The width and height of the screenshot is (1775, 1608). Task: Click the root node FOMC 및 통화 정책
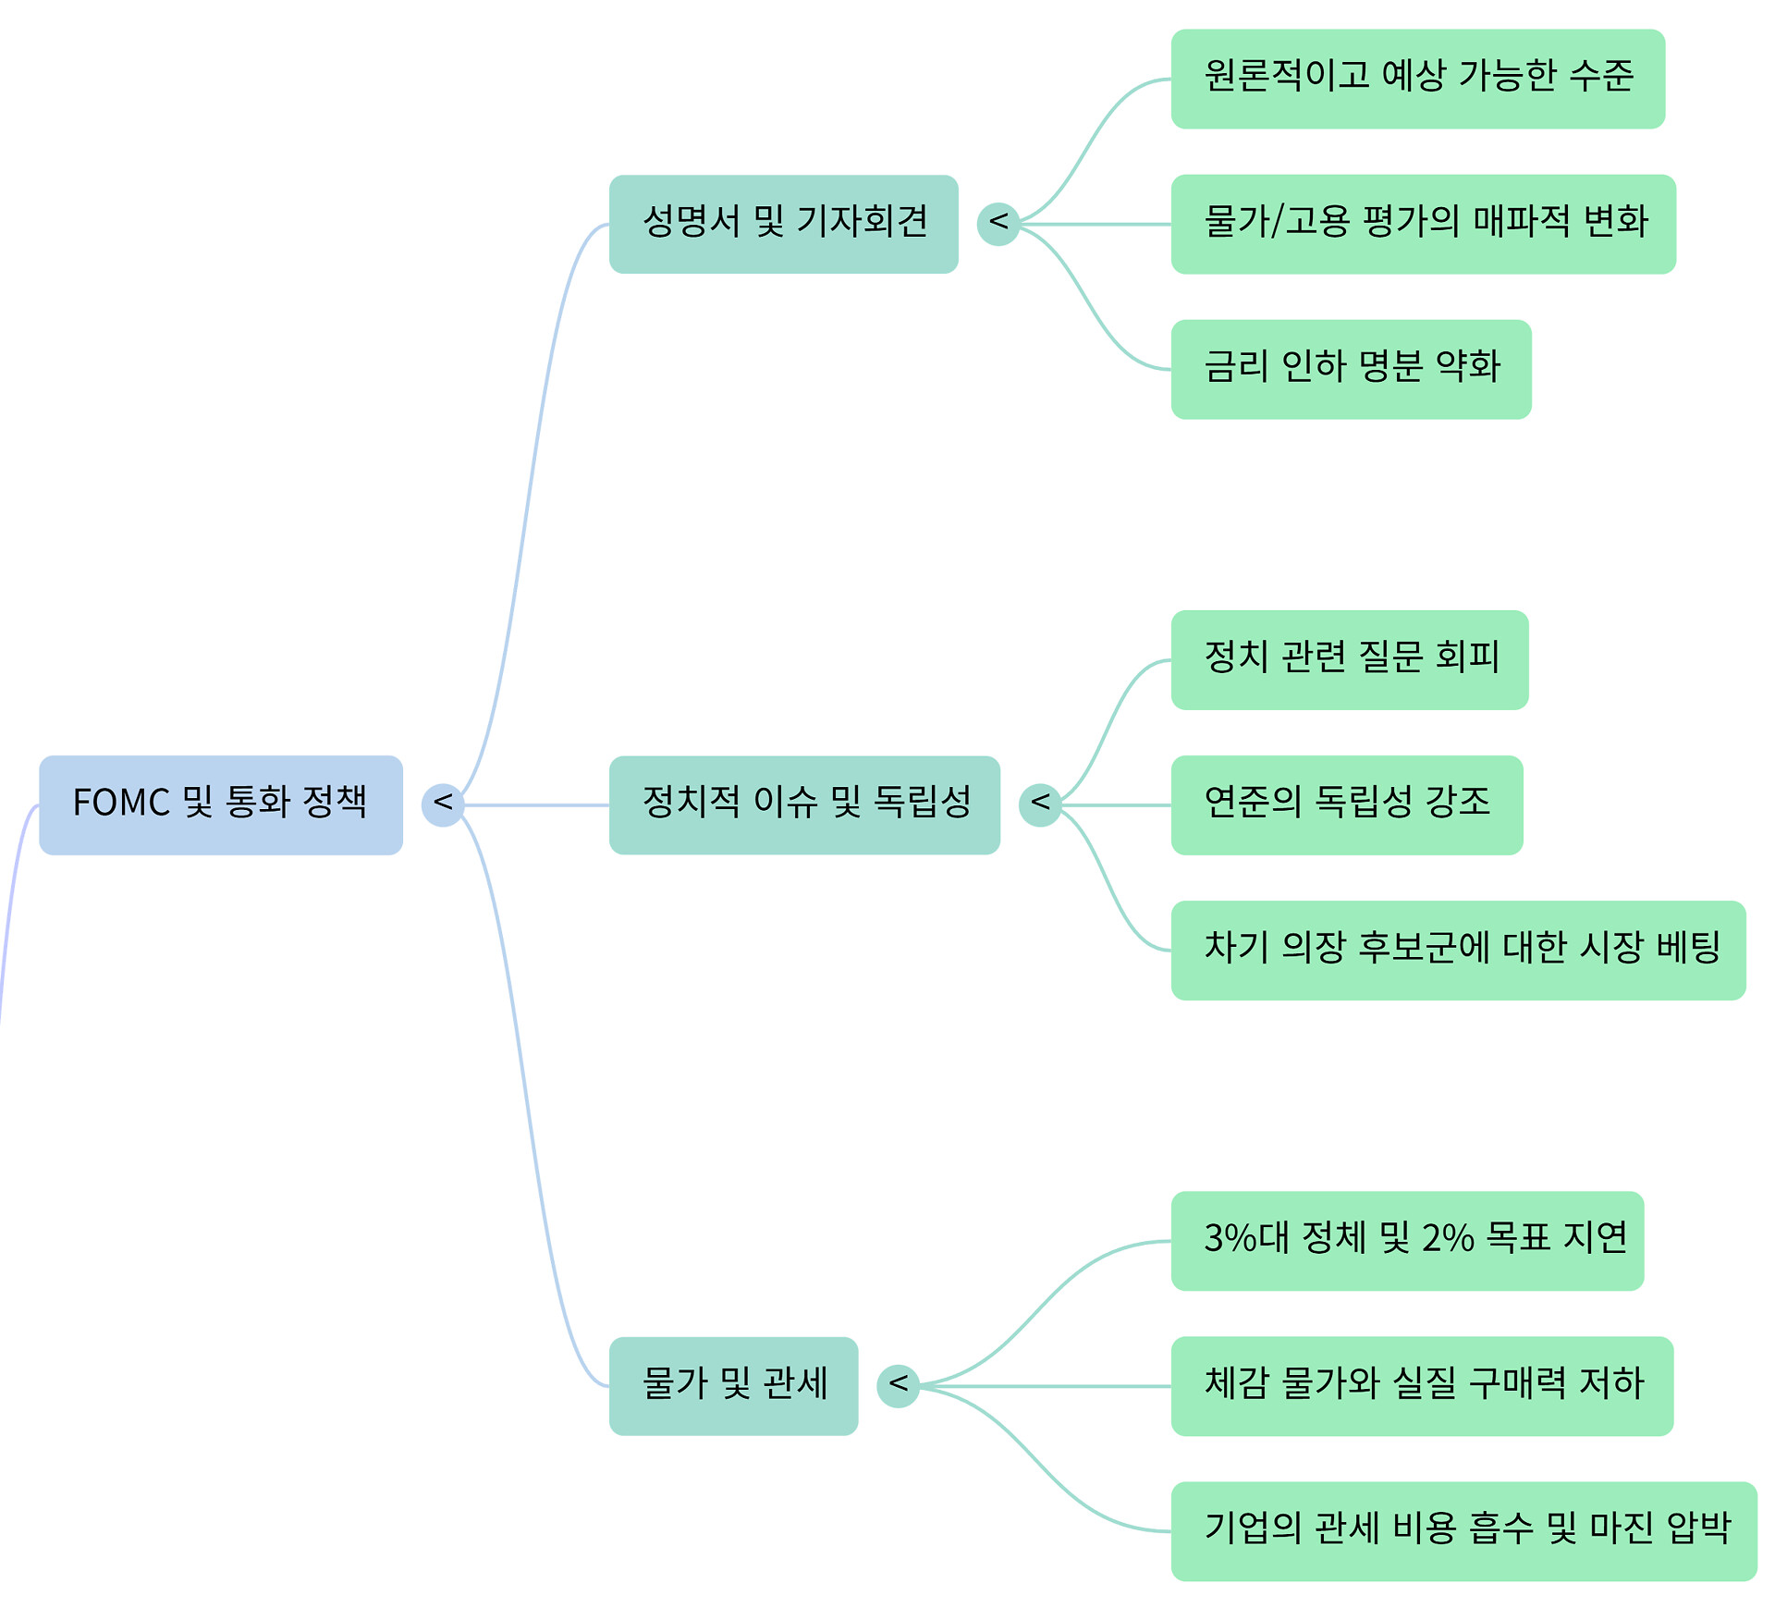[220, 804]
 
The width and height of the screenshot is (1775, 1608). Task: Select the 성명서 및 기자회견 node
[783, 224]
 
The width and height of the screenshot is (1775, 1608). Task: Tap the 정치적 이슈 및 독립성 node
[804, 804]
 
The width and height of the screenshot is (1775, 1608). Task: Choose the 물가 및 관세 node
[733, 1385]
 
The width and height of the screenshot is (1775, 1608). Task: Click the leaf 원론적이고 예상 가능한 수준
[1417, 79]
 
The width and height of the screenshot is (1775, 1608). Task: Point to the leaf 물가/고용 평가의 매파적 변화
[1423, 224]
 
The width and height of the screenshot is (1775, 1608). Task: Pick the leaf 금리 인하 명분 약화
[1351, 369]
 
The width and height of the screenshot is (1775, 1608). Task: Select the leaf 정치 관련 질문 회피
[1349, 659]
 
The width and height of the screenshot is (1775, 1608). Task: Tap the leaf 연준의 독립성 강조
[1346, 804]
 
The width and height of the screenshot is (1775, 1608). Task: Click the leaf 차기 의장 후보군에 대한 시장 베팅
[1458, 950]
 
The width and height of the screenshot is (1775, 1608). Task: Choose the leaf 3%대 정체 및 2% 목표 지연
[1407, 1240]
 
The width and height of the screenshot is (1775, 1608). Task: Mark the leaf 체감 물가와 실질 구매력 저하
[1422, 1385]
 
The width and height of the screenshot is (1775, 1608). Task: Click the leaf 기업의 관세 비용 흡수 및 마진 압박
[1463, 1530]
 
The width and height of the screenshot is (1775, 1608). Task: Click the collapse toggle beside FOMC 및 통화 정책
[443, 804]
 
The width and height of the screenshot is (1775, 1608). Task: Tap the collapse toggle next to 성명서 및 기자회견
[998, 224]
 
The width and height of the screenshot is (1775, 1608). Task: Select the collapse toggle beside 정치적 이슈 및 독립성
[1040, 804]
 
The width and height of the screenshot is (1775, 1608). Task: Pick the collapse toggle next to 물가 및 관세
[898, 1385]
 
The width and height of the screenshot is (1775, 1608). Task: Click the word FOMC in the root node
[121, 803]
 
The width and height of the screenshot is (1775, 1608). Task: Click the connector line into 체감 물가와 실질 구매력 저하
[1045, 1386]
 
